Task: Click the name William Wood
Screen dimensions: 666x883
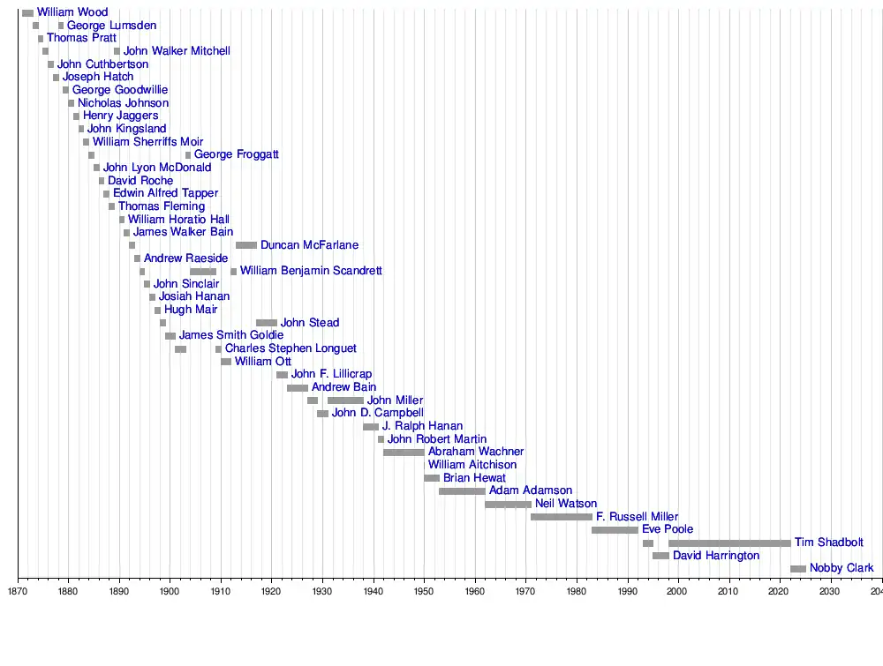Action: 72,12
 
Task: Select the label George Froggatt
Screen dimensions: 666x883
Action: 237,154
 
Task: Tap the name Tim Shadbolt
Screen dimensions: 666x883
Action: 828,543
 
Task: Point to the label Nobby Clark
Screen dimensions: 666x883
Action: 841,568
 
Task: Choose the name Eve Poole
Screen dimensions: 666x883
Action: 668,529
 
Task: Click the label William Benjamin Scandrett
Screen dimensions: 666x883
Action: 311,271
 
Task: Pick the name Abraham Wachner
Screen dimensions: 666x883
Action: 476,452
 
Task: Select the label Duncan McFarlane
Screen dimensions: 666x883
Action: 309,245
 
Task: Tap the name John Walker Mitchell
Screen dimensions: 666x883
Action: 177,51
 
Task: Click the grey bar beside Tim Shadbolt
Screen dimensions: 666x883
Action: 729,543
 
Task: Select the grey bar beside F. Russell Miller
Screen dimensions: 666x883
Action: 562,517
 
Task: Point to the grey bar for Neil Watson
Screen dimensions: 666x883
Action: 508,505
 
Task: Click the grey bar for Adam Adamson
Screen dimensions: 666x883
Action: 462,491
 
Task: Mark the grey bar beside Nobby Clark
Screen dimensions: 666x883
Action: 798,569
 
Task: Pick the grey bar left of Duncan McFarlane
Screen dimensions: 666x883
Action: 246,245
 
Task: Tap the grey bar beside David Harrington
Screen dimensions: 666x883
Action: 660,556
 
